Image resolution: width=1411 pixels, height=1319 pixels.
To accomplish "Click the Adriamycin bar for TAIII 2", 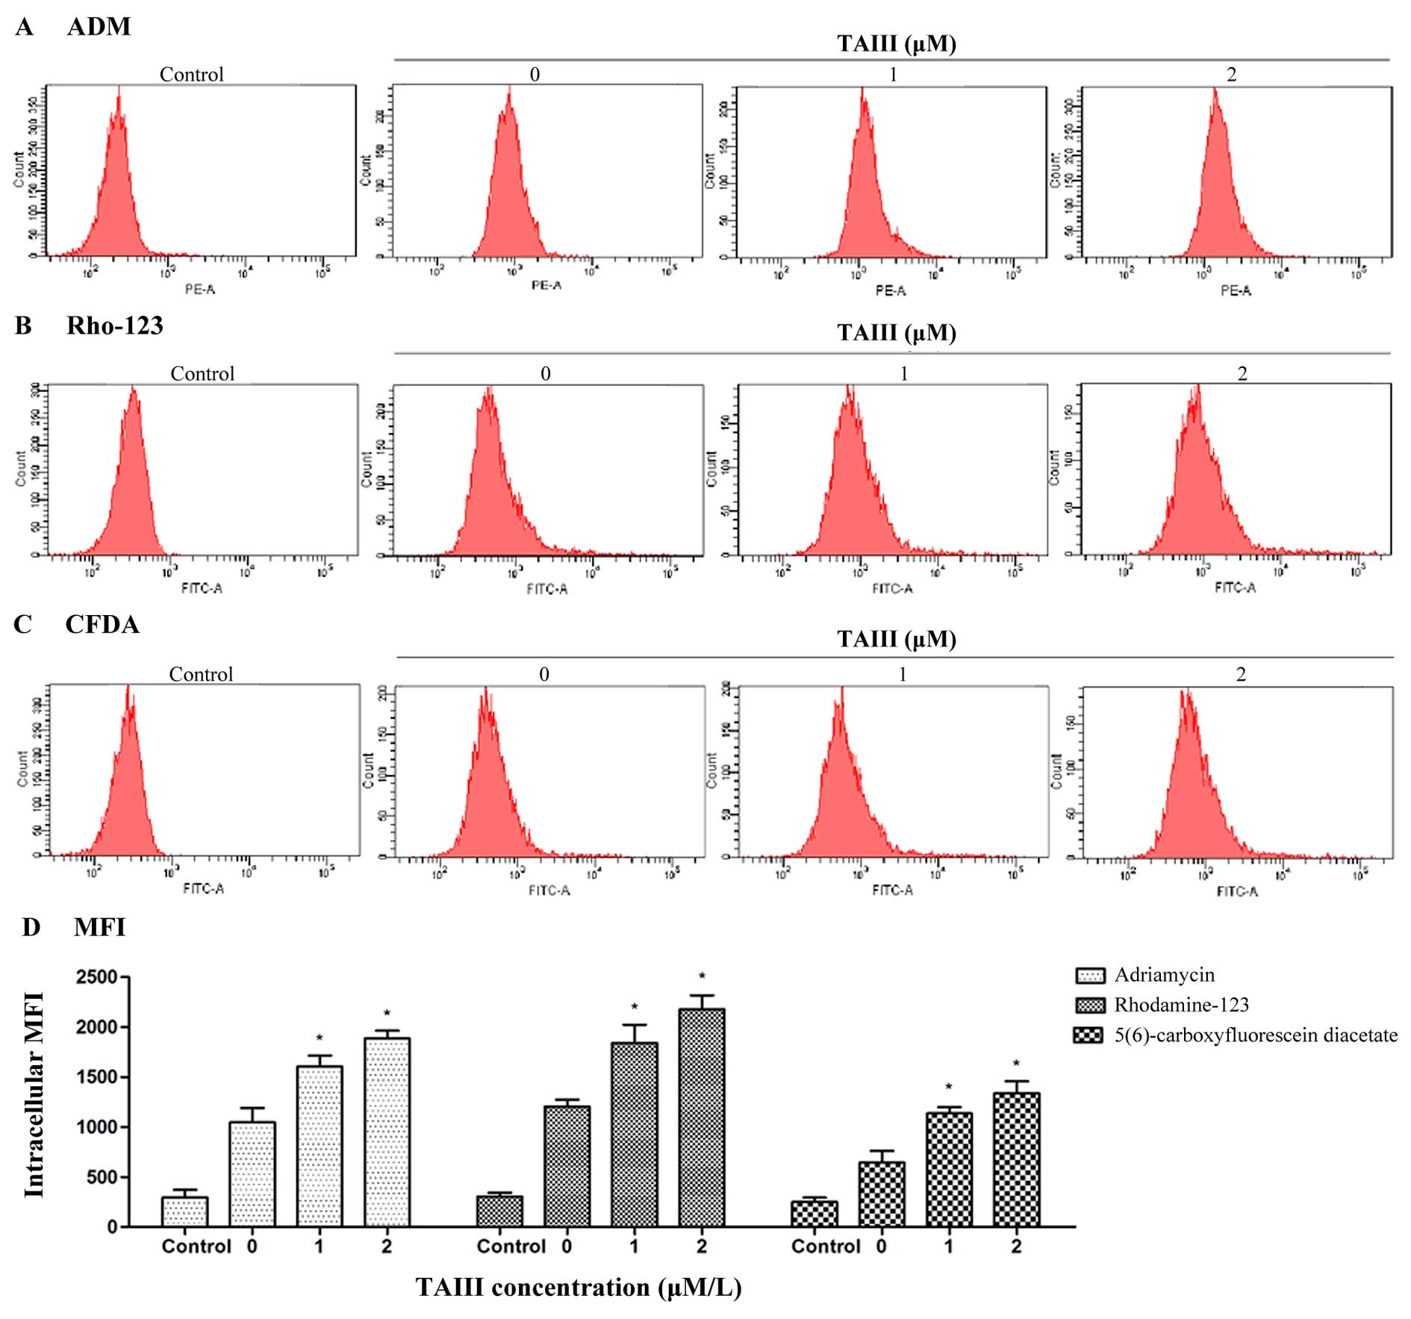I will [387, 1131].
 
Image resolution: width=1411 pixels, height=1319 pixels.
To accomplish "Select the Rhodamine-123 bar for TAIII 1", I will [634, 1134].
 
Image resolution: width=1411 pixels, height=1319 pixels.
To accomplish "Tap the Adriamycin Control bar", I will [184, 1211].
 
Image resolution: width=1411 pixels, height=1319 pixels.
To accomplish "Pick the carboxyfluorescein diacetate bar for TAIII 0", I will [881, 1193].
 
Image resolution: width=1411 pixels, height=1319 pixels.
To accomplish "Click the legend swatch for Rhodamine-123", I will [1089, 1005].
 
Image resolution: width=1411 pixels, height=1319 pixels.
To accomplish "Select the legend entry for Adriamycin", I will [1164, 974].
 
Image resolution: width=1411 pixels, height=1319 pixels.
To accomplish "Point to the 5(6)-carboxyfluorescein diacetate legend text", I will [1256, 1035].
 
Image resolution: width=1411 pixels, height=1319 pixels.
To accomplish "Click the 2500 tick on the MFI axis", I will [96, 977].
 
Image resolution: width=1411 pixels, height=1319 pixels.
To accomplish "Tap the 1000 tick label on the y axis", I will [96, 1127].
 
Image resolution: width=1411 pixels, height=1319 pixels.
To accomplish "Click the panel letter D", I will [31, 927].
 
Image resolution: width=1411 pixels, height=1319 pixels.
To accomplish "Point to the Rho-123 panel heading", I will [114, 325].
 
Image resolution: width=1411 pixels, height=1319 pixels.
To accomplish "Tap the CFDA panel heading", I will [102, 624].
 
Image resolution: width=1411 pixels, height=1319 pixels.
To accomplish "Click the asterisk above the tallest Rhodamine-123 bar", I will [702, 976].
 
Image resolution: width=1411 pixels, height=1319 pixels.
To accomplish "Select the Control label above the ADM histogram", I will [191, 75].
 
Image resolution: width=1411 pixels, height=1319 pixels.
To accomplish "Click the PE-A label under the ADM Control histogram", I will [200, 289].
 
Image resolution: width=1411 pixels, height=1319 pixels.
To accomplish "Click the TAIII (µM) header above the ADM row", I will [896, 43].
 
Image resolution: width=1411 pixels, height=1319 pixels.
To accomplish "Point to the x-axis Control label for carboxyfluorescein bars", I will [826, 1246].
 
